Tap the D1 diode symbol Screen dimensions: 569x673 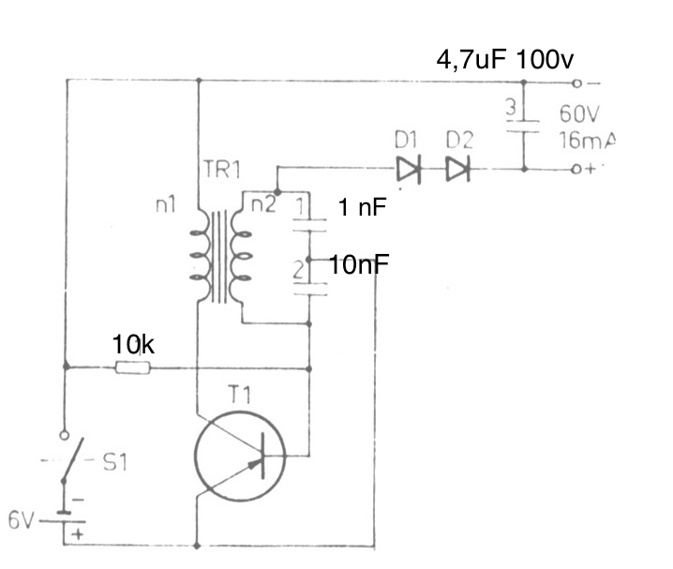[x=410, y=170]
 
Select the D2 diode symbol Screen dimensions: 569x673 [x=458, y=170]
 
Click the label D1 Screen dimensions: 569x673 [x=406, y=142]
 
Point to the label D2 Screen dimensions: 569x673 [x=459, y=142]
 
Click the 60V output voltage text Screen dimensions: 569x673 [x=579, y=114]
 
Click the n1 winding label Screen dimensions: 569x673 [x=168, y=203]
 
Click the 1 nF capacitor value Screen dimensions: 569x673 [x=363, y=208]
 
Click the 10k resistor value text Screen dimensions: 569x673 [x=133, y=343]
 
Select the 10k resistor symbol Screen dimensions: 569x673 [x=131, y=368]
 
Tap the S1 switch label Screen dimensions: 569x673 [x=113, y=463]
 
